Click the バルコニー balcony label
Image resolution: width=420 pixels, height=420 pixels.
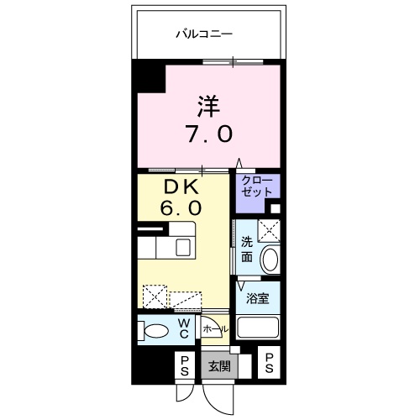pyautogui.click(x=204, y=34)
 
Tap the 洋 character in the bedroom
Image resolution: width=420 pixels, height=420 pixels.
pyautogui.click(x=209, y=108)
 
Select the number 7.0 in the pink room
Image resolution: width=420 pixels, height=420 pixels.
pyautogui.click(x=209, y=133)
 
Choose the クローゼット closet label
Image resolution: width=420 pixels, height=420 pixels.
pyautogui.click(x=257, y=186)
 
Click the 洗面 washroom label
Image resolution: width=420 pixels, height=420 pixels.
pyautogui.click(x=248, y=249)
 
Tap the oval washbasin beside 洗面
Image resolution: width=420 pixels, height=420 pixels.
pyautogui.click(x=270, y=260)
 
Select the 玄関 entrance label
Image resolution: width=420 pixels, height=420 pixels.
pyautogui.click(x=219, y=365)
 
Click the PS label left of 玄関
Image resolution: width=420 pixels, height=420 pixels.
pyautogui.click(x=182, y=365)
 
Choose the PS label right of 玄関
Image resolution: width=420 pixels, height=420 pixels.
pyautogui.click(x=270, y=364)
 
